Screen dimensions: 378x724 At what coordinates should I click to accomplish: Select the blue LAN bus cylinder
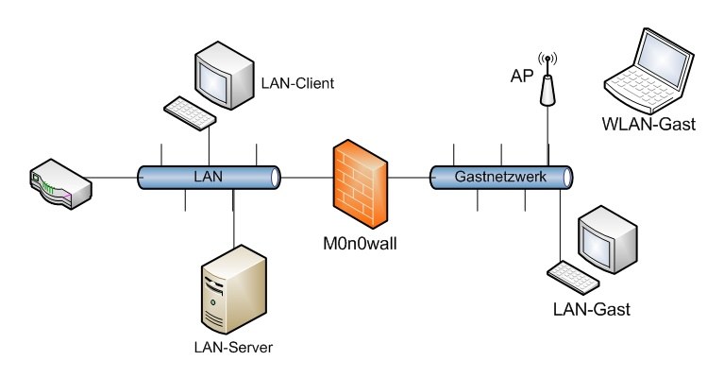210,177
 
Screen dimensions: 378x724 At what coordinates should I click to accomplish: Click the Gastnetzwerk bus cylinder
501,177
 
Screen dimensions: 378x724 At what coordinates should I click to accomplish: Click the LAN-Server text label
232,348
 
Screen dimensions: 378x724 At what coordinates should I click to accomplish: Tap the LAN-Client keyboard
190,111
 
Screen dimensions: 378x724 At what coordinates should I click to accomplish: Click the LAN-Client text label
298,84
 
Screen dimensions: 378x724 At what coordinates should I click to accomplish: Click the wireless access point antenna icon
546,80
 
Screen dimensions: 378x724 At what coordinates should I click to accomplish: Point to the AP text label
520,75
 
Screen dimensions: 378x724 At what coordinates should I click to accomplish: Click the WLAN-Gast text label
647,123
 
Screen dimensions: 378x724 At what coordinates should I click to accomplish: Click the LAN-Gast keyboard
574,276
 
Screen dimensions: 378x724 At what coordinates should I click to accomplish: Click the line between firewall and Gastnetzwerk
409,177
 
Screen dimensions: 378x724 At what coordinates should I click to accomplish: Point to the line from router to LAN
115,177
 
